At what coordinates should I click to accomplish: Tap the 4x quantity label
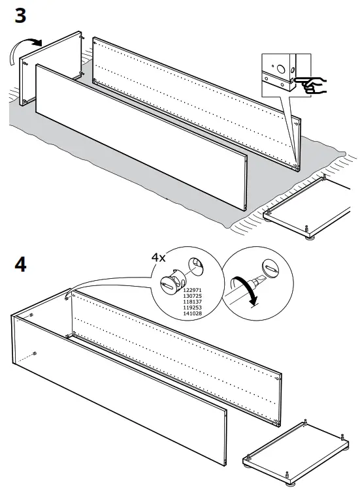pos(159,258)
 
